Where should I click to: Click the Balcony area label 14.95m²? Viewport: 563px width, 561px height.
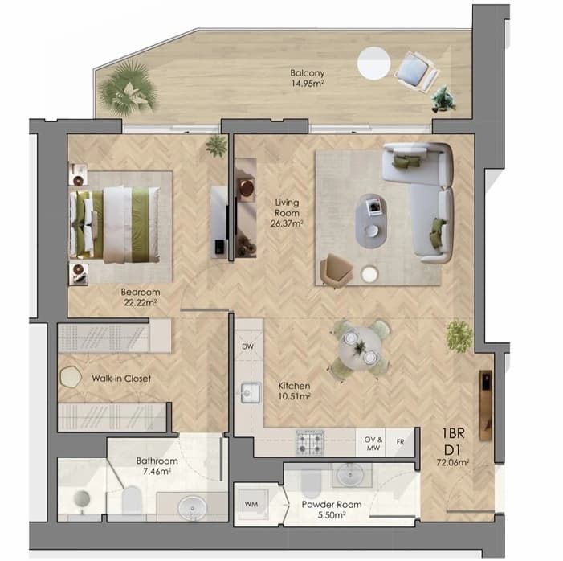308,84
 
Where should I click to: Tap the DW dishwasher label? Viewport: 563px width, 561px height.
247,346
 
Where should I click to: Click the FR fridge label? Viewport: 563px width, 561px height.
400,442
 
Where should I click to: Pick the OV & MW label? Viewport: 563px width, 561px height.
373,444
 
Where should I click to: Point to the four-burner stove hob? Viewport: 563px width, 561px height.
309,442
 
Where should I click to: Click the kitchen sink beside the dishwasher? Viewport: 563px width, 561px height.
251,393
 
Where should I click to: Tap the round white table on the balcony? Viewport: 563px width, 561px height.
373,63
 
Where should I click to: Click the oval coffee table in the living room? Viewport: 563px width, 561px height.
371,221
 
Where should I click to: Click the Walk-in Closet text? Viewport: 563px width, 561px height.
121,379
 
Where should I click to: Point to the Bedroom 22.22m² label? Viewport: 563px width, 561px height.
141,297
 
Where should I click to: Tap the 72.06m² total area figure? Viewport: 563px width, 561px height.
452,462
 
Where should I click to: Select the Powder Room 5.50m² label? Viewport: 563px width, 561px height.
332,510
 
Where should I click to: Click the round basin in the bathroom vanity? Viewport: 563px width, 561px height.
193,508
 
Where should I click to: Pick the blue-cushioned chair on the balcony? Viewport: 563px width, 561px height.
417,72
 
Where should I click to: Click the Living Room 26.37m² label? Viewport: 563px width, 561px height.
287,213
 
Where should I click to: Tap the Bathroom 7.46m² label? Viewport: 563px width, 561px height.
157,466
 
